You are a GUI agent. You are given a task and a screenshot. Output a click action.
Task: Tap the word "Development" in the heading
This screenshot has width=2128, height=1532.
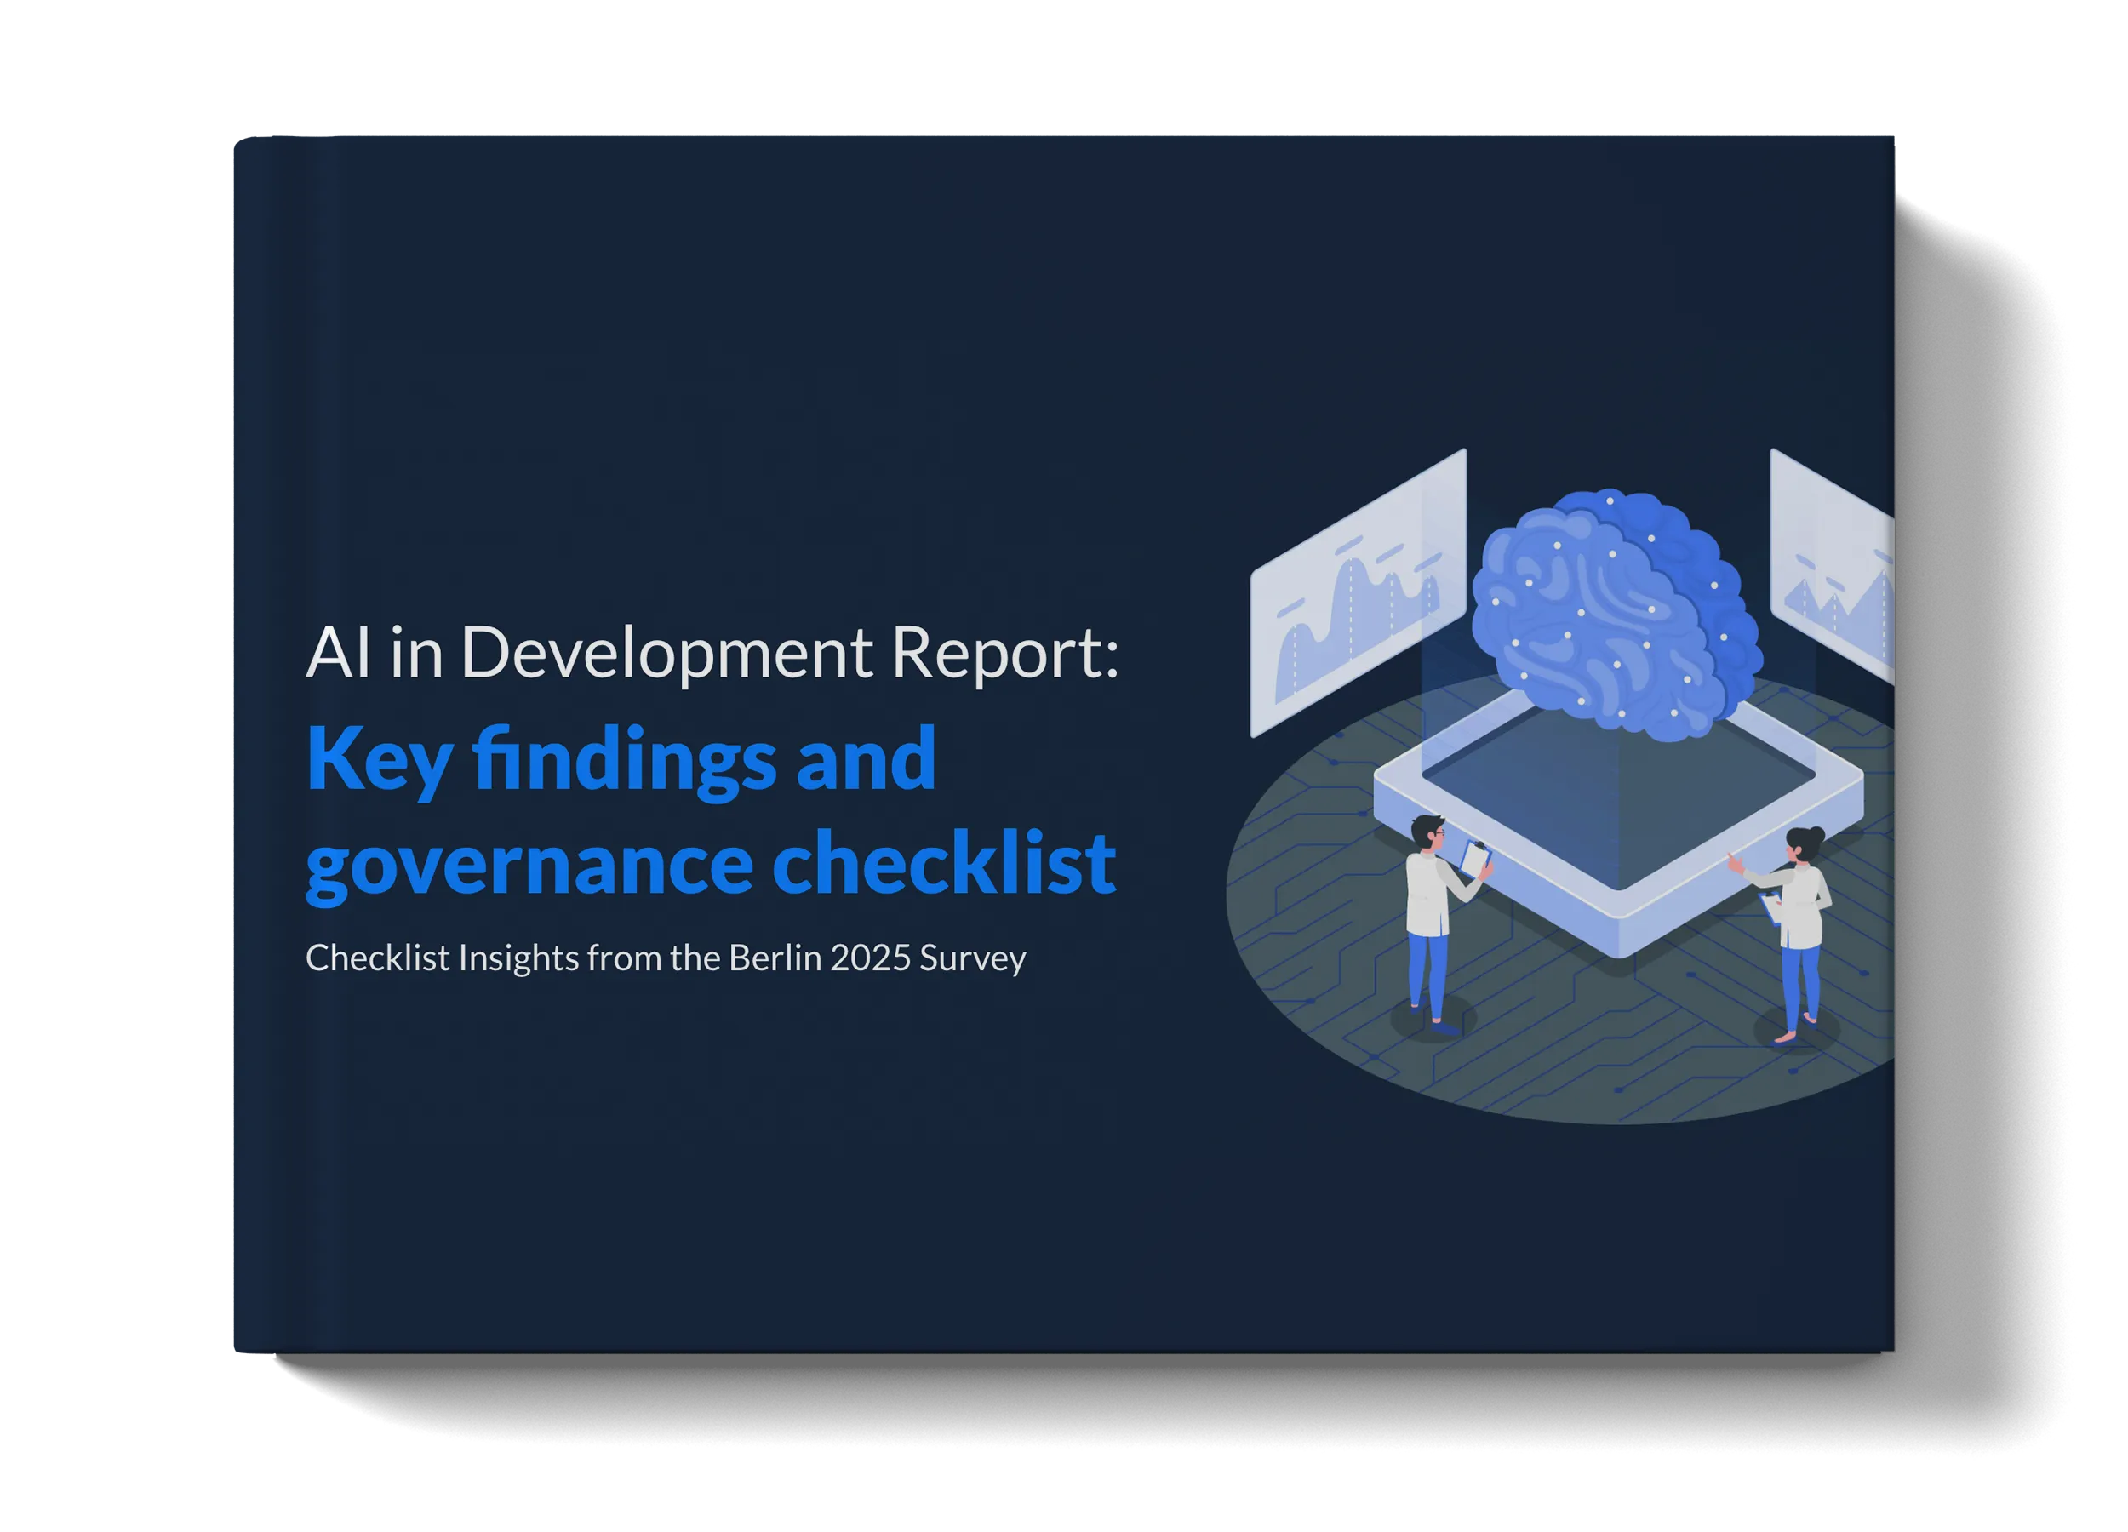pyautogui.click(x=667, y=654)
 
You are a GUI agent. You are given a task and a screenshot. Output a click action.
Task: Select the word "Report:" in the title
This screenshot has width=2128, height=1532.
pyautogui.click(x=1004, y=654)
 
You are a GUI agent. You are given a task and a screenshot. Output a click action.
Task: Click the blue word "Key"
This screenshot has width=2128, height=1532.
pyautogui.click(x=379, y=760)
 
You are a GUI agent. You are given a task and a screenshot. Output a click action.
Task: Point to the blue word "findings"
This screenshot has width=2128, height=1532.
pyautogui.click(x=625, y=760)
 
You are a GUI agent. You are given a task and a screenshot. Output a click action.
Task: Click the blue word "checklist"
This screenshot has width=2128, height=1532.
pyautogui.click(x=943, y=863)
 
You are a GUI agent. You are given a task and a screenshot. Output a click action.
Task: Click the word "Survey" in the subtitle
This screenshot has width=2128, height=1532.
pyautogui.click(x=973, y=959)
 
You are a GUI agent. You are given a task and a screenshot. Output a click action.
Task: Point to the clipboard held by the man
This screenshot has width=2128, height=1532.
pyautogui.click(x=1475, y=856)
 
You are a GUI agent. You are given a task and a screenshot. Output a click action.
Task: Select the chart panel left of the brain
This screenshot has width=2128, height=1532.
pyautogui.click(x=1358, y=593)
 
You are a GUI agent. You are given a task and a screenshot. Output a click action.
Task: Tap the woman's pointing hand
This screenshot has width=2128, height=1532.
pyautogui.click(x=1732, y=860)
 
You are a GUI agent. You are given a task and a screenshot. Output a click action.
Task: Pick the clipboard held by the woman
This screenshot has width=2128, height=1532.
pyautogui.click(x=1770, y=907)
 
